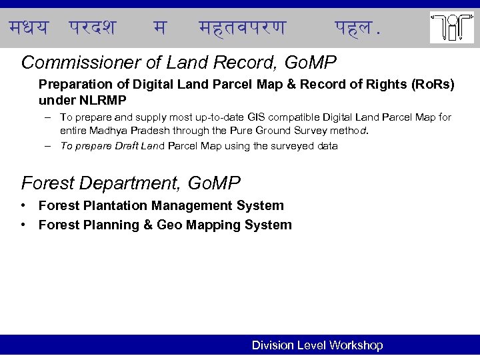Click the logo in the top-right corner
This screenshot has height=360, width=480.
coord(452,27)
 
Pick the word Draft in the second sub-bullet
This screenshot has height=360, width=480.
coord(126,146)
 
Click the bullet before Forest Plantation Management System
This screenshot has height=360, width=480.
coord(23,206)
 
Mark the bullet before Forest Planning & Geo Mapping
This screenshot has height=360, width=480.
coord(23,225)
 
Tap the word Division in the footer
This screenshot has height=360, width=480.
coord(273,345)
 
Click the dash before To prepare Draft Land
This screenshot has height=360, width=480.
coord(50,146)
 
